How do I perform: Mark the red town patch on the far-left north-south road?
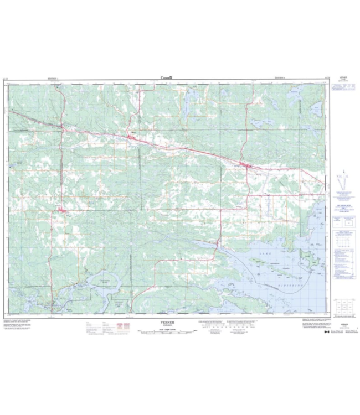[x=61, y=210]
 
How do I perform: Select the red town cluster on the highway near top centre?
[x=131, y=137]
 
